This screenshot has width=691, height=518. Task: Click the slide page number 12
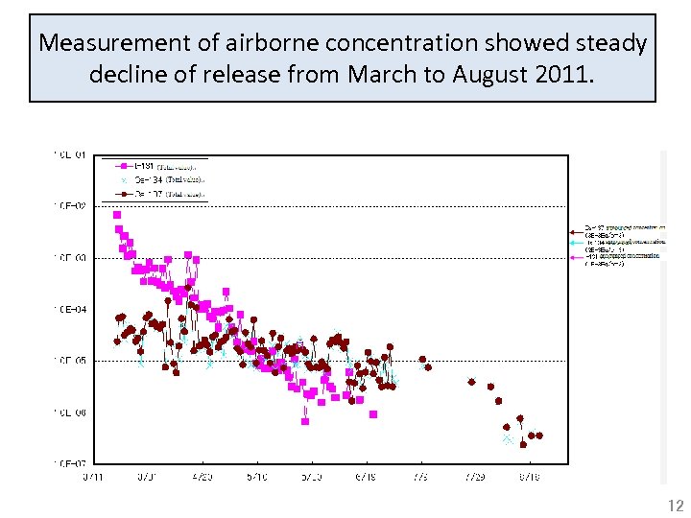point(676,506)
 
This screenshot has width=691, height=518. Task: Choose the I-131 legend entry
point(154,166)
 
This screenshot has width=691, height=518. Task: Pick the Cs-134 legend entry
point(154,179)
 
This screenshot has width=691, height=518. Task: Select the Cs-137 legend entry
point(154,193)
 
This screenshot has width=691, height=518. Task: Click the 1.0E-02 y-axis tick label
point(71,206)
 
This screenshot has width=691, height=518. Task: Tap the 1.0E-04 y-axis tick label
point(71,310)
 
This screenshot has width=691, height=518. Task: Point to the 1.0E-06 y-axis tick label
point(71,413)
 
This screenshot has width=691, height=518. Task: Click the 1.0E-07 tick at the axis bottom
point(71,464)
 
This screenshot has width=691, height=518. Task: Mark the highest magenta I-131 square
point(117,215)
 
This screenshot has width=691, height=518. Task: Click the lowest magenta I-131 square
point(305,421)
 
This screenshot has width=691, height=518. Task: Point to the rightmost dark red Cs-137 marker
point(539,436)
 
